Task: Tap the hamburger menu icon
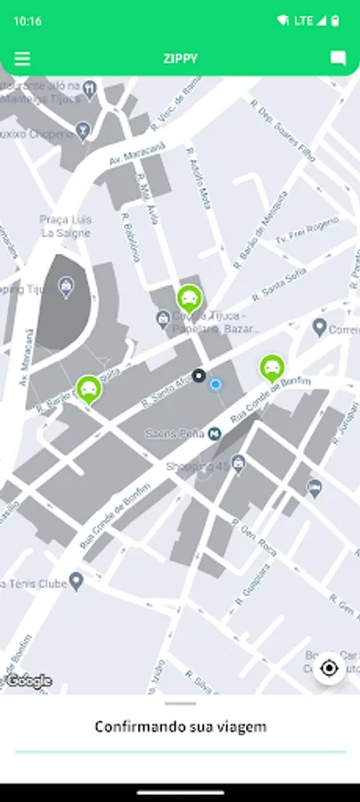coord(22,59)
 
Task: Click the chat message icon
coord(338,59)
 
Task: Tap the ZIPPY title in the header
coord(180,59)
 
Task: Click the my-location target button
coord(330,668)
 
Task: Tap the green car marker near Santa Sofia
coord(189,299)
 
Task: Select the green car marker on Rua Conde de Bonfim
coord(271,367)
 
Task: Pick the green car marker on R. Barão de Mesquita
coord(88,389)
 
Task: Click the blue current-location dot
coord(215,385)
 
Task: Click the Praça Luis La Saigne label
coord(66,226)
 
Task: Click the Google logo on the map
coord(29,681)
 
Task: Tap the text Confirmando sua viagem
coord(180,726)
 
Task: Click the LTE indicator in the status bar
coord(303,20)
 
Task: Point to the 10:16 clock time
coord(28,20)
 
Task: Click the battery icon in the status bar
coord(335,20)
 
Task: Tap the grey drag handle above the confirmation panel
coord(180,703)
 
